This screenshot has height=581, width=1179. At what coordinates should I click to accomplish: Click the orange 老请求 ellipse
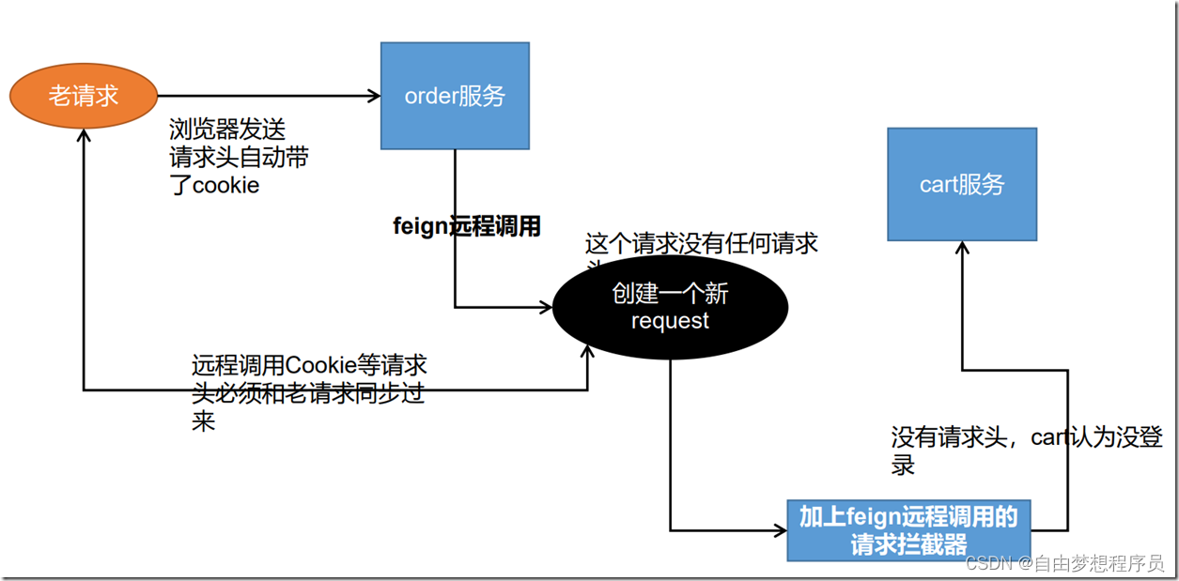(84, 96)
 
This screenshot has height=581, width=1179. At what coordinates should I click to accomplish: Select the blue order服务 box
(455, 96)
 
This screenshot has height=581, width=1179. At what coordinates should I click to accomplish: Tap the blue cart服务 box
(962, 185)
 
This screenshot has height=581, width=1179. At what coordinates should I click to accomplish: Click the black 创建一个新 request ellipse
(670, 308)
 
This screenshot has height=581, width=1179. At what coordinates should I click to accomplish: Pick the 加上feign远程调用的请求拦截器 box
(908, 530)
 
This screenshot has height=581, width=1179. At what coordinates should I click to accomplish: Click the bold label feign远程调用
(467, 227)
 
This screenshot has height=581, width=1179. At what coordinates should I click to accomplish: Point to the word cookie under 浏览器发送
(225, 186)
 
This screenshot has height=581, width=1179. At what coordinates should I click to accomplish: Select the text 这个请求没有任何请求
(701, 245)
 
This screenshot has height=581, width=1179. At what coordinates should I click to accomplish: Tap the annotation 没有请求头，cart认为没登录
(1026, 439)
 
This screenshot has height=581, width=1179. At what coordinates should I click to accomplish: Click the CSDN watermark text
(986, 563)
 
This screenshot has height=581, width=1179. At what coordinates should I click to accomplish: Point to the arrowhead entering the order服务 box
(374, 96)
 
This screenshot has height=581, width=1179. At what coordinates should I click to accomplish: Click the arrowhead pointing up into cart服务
(961, 248)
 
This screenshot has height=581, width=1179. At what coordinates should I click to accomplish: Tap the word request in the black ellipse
(670, 322)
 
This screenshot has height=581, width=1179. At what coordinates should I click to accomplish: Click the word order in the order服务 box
(429, 96)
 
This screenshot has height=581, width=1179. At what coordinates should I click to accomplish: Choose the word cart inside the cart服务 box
(939, 185)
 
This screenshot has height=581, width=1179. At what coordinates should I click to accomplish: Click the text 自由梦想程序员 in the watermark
(1098, 563)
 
